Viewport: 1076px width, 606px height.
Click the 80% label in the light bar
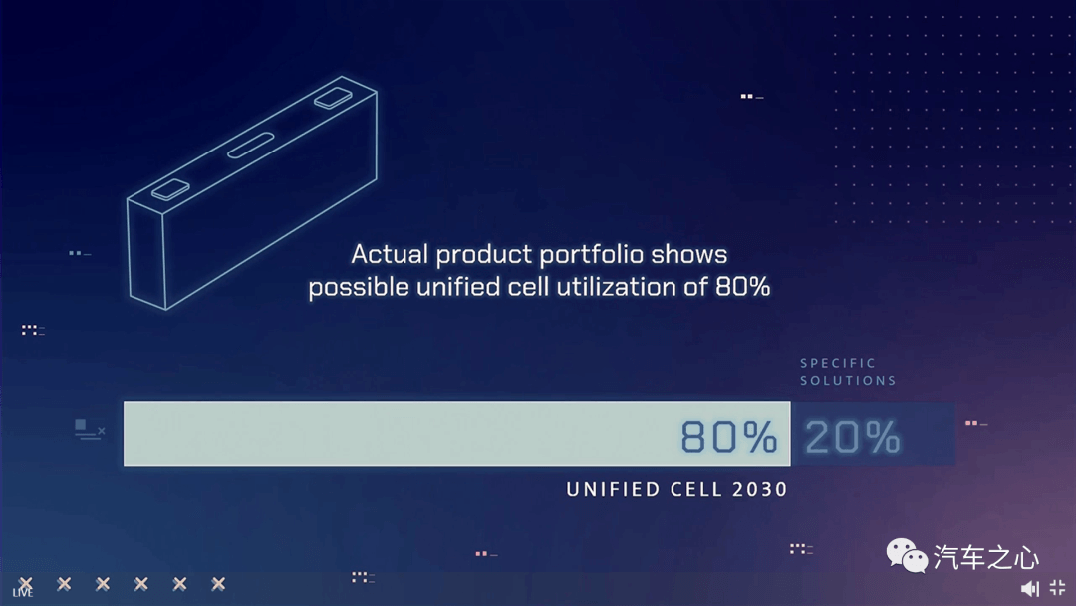(728, 437)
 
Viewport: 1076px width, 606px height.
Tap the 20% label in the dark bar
(852, 437)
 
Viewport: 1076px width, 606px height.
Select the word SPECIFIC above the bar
(838, 363)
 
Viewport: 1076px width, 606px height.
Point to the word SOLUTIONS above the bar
(848, 380)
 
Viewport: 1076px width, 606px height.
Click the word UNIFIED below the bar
(612, 489)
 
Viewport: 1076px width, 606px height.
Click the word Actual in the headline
(390, 254)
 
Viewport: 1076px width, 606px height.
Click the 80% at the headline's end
(742, 287)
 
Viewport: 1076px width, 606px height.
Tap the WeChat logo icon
(907, 555)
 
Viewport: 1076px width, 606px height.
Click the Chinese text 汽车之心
(986, 557)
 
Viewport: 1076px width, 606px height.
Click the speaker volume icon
(1029, 588)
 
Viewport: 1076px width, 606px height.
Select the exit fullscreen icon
(1057, 587)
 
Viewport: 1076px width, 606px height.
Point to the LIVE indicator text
(23, 593)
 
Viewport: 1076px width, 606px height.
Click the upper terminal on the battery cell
(333, 98)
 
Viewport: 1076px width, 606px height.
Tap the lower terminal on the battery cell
(170, 189)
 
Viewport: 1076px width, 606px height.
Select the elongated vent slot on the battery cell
(250, 146)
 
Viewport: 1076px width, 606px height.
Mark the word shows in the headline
(689, 254)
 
